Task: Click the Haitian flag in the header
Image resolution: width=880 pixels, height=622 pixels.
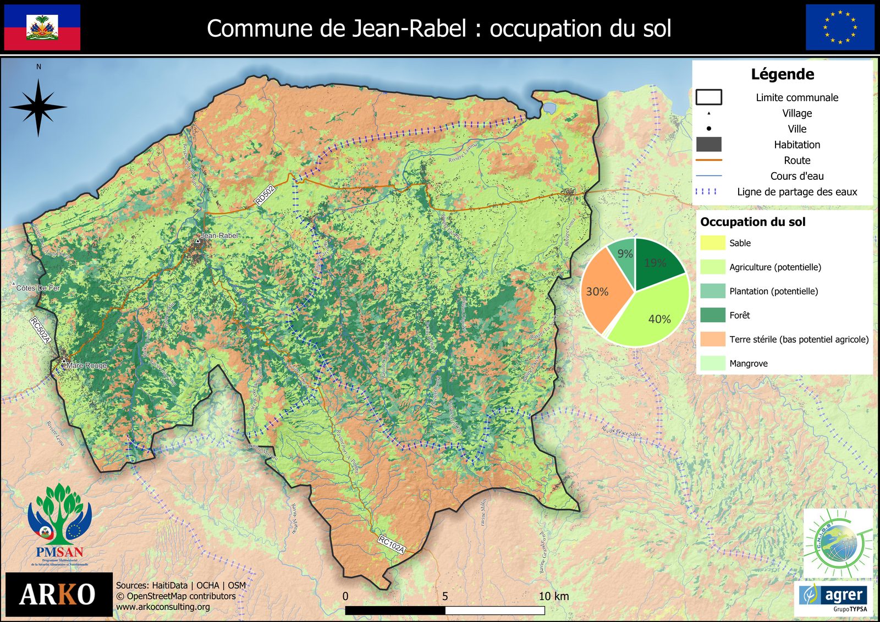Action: click(42, 27)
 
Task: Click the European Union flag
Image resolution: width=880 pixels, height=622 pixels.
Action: click(839, 27)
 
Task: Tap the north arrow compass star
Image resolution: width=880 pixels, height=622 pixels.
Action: click(38, 107)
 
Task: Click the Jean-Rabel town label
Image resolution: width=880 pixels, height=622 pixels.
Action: click(219, 235)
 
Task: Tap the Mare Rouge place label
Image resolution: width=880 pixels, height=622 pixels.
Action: click(86, 365)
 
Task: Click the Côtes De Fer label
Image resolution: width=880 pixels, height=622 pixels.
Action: click(38, 288)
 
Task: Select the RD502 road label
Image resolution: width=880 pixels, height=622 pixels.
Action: click(265, 195)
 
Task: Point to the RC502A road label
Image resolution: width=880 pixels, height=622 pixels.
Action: click(40, 330)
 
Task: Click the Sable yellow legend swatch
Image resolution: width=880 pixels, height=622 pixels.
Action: click(712, 243)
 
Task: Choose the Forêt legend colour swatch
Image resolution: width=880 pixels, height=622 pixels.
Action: click(712, 315)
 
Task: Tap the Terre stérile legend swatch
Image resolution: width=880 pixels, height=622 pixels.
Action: click(712, 339)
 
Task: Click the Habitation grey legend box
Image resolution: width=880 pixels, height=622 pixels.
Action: click(708, 145)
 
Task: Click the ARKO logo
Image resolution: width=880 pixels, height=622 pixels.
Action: click(58, 595)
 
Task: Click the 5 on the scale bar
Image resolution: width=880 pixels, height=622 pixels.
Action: click(445, 596)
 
